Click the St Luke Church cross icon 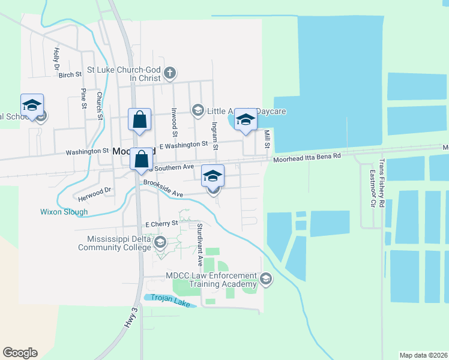(x=170, y=73)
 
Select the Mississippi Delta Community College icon (x=160, y=242)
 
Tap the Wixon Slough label (x=64, y=212)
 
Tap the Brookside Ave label (x=163, y=190)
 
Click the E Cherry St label (x=162, y=223)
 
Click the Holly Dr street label (x=56, y=58)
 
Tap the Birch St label (x=70, y=75)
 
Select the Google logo (x=20, y=353)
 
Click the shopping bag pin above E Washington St (x=139, y=119)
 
